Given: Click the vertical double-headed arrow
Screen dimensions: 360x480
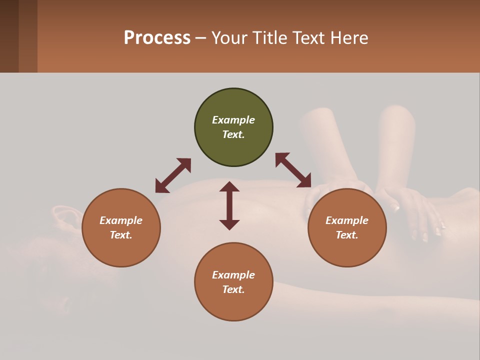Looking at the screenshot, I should pyautogui.click(x=229, y=205).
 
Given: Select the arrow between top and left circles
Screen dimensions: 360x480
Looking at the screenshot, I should pyautogui.click(x=173, y=175).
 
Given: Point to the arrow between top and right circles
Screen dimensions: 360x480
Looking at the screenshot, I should pyautogui.click(x=293, y=170).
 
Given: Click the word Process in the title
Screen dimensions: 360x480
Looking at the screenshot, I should pyautogui.click(x=157, y=38).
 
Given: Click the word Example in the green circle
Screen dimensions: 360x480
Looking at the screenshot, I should pyautogui.click(x=233, y=120).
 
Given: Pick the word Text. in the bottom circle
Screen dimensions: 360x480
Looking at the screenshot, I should pyautogui.click(x=233, y=289).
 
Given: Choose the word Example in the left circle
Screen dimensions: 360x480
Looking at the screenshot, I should pyautogui.click(x=121, y=220).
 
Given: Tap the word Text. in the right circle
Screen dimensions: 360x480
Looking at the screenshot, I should pyautogui.click(x=347, y=235).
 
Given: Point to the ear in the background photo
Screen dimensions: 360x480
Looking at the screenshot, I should pyautogui.click(x=65, y=218).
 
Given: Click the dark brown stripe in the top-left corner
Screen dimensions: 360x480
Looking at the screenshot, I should pyautogui.click(x=9, y=36).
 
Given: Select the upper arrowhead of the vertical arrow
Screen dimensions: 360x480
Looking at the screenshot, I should pyautogui.click(x=229, y=186).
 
